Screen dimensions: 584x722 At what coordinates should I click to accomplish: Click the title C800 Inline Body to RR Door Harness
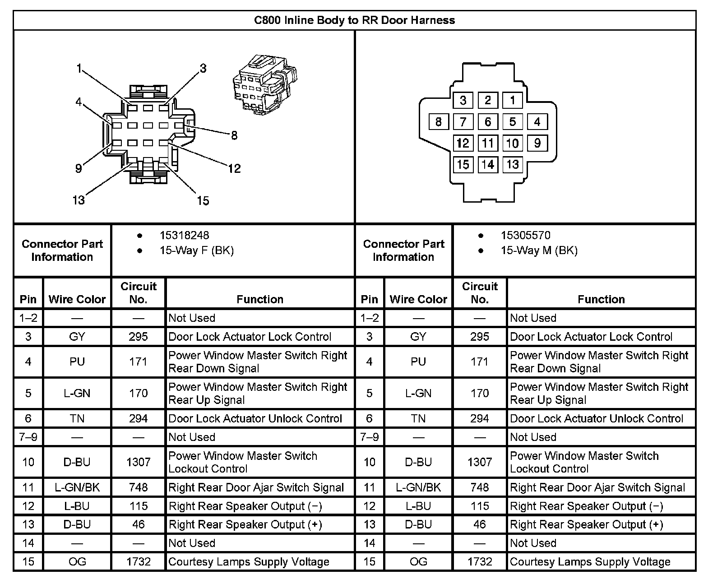coord(354,20)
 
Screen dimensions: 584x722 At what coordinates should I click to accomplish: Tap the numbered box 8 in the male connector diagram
coord(438,122)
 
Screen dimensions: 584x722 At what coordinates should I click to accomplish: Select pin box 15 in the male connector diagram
coord(463,164)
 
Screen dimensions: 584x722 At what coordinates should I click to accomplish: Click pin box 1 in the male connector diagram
coord(512,100)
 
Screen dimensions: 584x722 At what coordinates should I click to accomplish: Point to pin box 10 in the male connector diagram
coord(512,144)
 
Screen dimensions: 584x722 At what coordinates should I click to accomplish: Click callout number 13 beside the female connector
coord(79,200)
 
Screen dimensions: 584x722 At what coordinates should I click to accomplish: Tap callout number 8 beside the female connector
coord(234,135)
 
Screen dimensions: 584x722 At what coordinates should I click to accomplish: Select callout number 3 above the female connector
coord(203,68)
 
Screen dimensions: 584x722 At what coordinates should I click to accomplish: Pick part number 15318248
coord(184,235)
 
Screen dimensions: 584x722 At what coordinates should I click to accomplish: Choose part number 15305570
coord(525,235)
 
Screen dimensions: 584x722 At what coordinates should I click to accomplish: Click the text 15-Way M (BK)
coord(539,250)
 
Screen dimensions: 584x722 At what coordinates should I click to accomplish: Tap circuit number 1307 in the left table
coord(138,462)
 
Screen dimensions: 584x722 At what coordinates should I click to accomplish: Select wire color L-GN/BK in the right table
coord(418,487)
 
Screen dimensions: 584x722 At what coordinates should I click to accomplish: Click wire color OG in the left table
coord(77,562)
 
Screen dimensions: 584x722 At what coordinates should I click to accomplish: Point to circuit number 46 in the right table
coord(479,524)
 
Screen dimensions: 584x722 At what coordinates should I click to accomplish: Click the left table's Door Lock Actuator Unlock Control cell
coord(255,419)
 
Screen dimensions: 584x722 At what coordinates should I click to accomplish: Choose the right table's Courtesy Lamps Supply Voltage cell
coord(590,562)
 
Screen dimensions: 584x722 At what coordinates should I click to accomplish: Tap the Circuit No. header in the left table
coord(138,292)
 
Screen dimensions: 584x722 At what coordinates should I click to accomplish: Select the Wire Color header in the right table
coord(418,299)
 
